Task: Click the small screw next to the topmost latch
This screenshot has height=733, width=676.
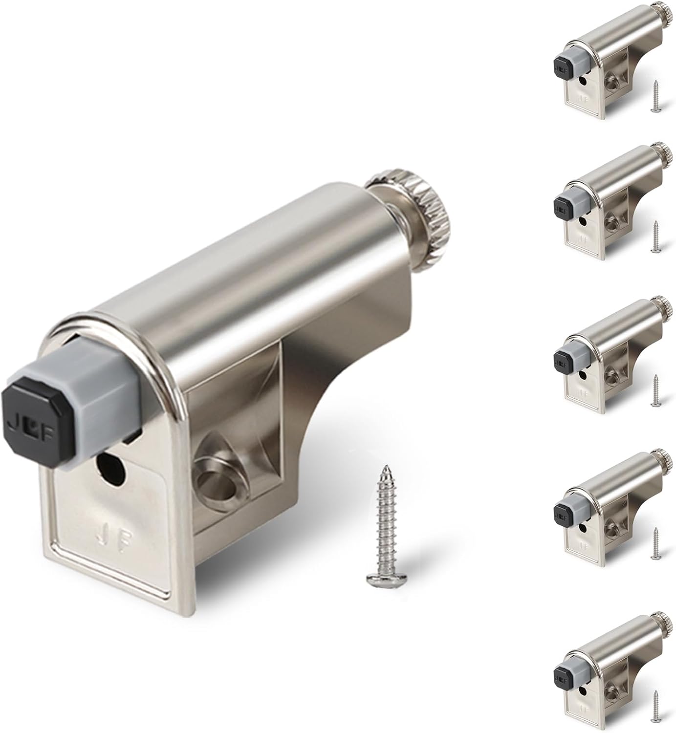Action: coord(655,97)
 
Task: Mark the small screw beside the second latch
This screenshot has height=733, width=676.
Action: coord(655,237)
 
